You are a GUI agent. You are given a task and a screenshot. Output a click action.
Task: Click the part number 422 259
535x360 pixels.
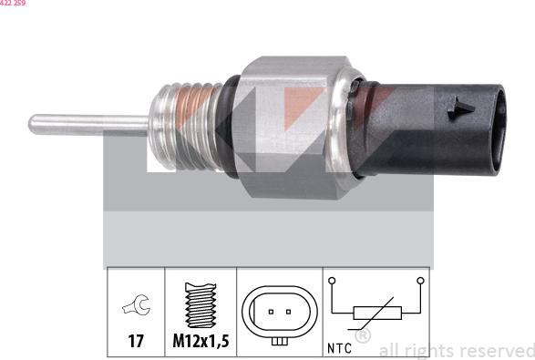pos(13,4)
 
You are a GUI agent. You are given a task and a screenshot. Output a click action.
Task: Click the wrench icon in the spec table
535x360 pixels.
pos(135,308)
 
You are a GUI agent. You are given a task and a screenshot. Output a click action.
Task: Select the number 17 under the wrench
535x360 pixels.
pos(135,344)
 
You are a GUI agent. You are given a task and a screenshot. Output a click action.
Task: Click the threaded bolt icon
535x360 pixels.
pos(200,305)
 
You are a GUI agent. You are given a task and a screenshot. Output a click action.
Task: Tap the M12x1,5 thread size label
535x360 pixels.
pos(200,344)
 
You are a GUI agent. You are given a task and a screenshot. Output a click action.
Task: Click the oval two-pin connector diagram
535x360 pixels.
pos(280,312)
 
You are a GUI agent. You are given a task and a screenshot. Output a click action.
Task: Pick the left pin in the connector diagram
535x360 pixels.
pos(271,312)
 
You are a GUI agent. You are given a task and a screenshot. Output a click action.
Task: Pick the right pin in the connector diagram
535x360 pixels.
pos(288,312)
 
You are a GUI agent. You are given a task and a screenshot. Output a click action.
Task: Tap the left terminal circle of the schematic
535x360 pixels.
pos(334,281)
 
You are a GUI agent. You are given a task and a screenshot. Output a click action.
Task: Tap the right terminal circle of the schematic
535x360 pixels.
pos(419,281)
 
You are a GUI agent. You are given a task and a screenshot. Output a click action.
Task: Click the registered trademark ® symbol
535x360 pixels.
pos(363,336)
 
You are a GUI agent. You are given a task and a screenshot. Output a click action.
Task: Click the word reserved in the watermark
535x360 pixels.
pos(498,350)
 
